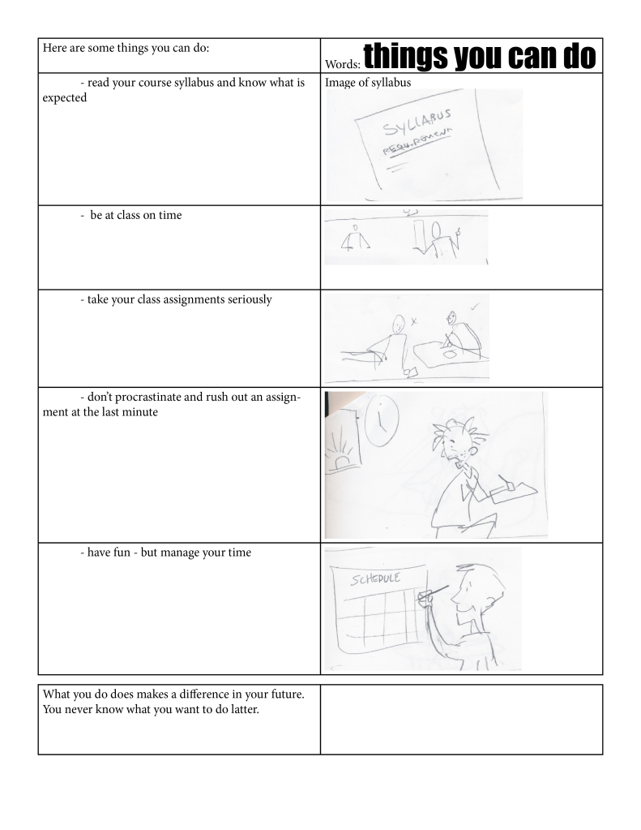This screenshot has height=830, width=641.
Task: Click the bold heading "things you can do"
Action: pos(480,56)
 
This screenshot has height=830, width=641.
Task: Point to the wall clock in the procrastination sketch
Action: pos(382,420)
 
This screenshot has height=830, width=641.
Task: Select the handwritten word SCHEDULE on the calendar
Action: pos(375,578)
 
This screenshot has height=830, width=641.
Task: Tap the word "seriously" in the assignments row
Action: pos(250,299)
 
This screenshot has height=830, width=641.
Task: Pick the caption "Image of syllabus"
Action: pos(368,83)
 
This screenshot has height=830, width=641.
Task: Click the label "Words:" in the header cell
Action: pos(343,65)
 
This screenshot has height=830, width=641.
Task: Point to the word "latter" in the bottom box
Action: pos(245,709)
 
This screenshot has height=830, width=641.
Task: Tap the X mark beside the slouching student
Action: pos(413,320)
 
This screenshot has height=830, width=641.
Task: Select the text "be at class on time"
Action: pos(136,216)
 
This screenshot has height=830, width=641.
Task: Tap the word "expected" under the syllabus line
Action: pos(65,98)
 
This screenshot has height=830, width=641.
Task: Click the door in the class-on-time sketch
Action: pos(421,234)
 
